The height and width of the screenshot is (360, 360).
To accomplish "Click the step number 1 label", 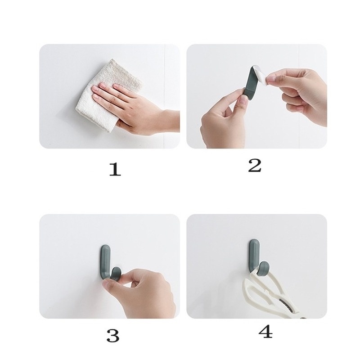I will [115, 169].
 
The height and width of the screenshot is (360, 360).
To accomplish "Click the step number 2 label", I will [255, 165].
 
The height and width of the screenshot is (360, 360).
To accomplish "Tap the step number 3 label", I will [112, 335].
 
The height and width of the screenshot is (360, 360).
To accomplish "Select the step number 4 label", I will [265, 332].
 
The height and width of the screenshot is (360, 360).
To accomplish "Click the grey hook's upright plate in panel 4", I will [253, 252].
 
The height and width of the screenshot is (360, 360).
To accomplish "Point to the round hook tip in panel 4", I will [264, 267].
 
